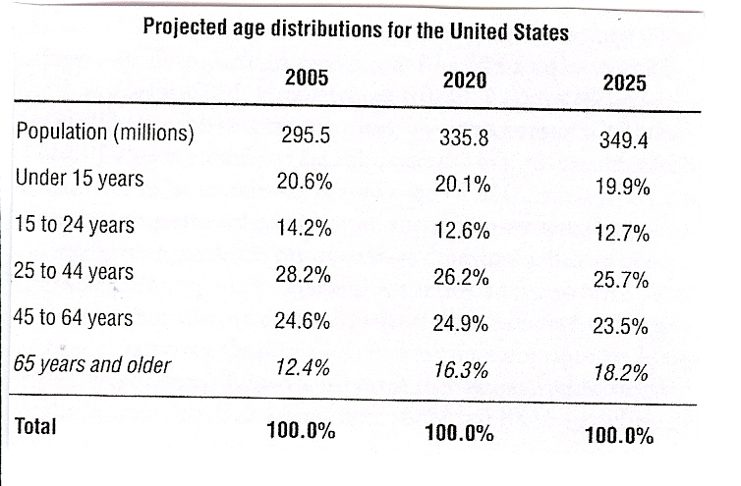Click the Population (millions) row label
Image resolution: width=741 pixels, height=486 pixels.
[x=105, y=133]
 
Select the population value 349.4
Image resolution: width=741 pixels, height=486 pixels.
[x=623, y=140]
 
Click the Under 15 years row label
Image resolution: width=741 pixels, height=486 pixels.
[x=80, y=179]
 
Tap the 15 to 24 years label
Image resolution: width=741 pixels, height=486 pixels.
[x=76, y=225]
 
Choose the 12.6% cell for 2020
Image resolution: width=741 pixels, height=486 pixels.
[x=461, y=233]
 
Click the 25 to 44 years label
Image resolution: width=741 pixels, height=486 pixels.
[x=76, y=271]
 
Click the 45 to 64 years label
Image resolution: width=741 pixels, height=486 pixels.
[x=76, y=318]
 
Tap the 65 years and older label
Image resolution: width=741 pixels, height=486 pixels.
[x=94, y=365]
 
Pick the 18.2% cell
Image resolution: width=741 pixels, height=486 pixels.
[x=622, y=373]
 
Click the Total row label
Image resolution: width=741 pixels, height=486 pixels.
[x=37, y=426]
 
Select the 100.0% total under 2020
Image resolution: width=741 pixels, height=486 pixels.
[x=461, y=433]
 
